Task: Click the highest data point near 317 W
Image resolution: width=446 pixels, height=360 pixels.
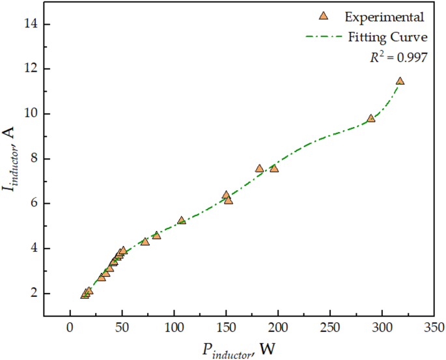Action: pos(400,81)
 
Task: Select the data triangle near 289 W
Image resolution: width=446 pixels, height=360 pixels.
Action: pos(371,118)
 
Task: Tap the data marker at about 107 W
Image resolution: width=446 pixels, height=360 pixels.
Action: pos(182,220)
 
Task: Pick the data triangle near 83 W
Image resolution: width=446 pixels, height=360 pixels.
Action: pos(156,235)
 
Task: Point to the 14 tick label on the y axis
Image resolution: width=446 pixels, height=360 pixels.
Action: pos(29,24)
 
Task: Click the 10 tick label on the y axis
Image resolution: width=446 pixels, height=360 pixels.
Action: pos(29,114)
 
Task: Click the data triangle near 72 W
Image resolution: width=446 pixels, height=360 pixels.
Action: pos(145,242)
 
